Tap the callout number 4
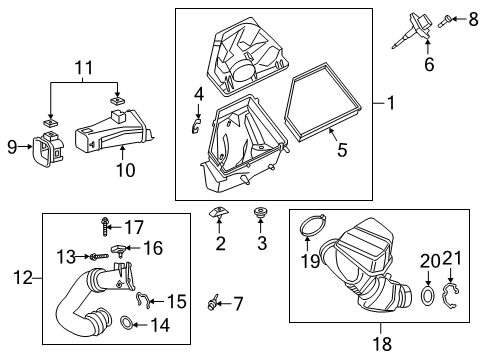coord(199,94)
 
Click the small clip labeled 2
coord(216,213)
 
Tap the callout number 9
coord(12,148)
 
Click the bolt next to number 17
coord(104,228)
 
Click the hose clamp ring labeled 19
coord(313,229)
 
